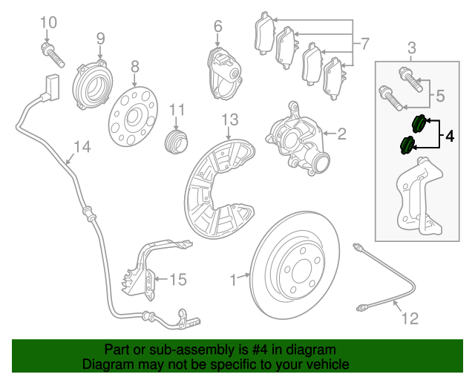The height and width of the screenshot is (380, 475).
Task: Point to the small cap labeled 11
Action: (x=176, y=140)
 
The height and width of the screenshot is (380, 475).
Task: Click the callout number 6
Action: (x=217, y=27)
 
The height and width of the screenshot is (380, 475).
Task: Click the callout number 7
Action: (x=363, y=45)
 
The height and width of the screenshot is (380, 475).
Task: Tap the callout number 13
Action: (x=229, y=119)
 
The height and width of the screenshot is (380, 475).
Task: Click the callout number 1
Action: (x=232, y=280)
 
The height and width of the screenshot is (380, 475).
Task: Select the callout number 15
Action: (x=177, y=280)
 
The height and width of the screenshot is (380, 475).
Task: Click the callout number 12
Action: (x=410, y=319)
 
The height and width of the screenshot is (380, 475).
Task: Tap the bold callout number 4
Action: (x=450, y=136)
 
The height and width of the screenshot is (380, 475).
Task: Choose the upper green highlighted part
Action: (x=419, y=124)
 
